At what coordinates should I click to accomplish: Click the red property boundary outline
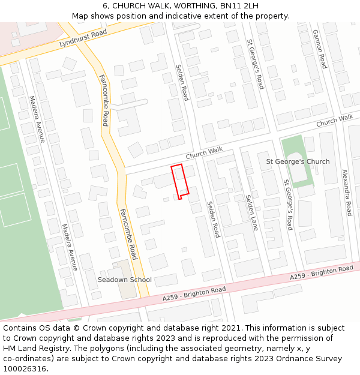coord(180,180)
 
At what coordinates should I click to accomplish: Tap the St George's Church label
coord(298,161)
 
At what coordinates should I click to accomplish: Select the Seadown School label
coord(125,280)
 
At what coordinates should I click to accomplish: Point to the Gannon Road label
coord(319,49)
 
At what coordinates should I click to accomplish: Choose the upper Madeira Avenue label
coord(37,119)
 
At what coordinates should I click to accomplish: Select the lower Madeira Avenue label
coord(70,247)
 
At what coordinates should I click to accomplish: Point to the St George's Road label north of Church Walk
coord(256,64)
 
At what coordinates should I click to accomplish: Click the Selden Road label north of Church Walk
coord(182,83)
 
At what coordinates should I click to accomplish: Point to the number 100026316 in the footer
coord(26,368)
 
